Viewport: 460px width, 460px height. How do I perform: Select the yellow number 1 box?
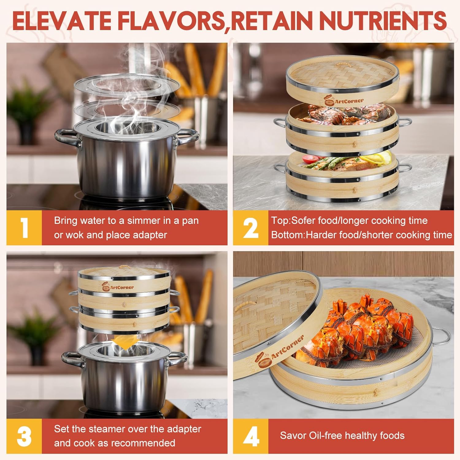[x=24, y=228]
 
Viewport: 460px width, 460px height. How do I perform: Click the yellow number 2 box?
[x=251, y=228]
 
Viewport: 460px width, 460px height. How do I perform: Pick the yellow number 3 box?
[x=24, y=436]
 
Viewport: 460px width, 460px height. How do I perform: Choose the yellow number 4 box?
[x=251, y=436]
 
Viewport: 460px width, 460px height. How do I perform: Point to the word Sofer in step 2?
[x=303, y=220]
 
